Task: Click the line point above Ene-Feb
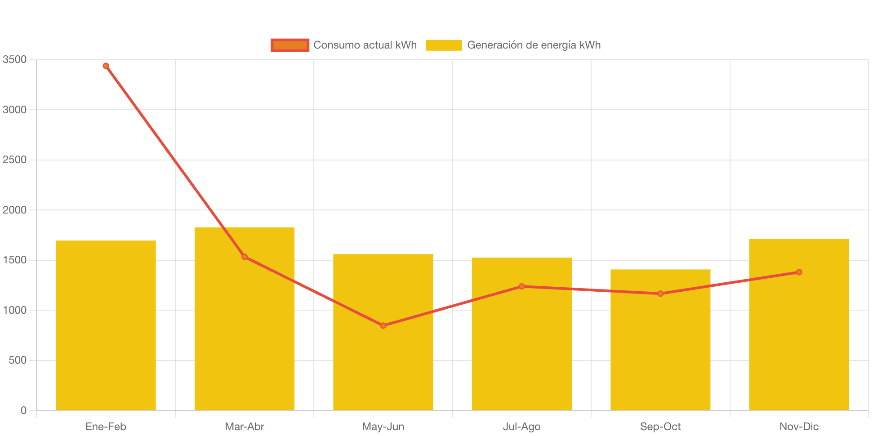tap(106, 66)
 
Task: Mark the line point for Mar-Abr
tap(244, 257)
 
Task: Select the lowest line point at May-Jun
tap(383, 325)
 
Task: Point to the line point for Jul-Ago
tap(521, 286)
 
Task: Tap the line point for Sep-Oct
tap(660, 294)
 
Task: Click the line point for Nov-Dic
tap(799, 272)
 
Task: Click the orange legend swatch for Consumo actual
tap(290, 45)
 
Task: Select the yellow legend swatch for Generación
tap(444, 45)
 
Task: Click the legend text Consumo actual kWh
tap(365, 45)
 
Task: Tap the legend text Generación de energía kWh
tap(534, 45)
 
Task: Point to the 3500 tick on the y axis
tap(14, 59)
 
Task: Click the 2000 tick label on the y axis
tap(14, 210)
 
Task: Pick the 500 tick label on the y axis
tap(18, 360)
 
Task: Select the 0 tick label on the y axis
tap(23, 410)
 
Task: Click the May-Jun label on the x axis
tap(383, 427)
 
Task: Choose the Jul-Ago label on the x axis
tap(521, 427)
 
